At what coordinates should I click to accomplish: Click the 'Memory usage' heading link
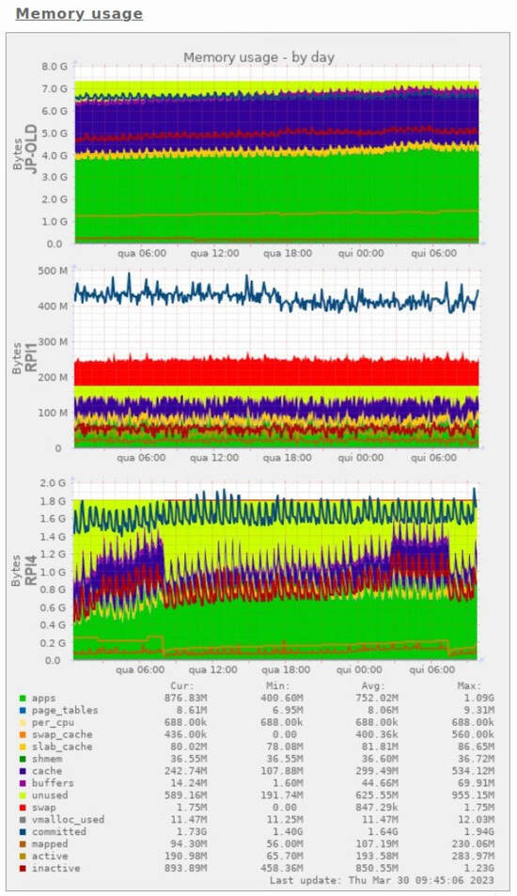tap(79, 14)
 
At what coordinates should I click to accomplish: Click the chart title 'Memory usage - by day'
tap(258, 57)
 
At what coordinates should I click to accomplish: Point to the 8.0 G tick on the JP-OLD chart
tap(54, 67)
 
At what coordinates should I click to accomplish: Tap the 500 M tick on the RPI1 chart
tap(53, 272)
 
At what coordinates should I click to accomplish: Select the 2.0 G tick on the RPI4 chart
tap(54, 482)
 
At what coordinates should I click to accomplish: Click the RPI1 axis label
tap(31, 359)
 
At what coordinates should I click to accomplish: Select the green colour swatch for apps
tap(23, 699)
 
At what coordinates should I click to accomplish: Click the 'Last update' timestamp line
tap(395, 880)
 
